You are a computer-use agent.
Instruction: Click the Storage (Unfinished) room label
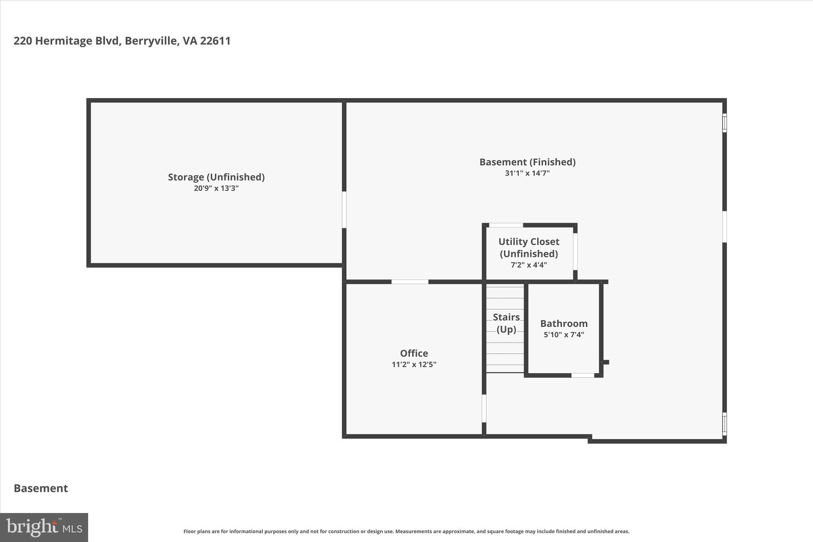[x=216, y=177]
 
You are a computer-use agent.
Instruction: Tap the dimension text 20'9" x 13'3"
[x=216, y=188]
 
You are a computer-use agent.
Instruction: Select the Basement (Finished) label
[x=527, y=162]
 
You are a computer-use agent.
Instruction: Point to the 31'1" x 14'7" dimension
[x=527, y=173]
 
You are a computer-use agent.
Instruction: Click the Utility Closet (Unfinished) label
[x=529, y=247]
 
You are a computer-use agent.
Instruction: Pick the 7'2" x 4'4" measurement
[x=529, y=265]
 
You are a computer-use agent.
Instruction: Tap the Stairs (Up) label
[x=506, y=323]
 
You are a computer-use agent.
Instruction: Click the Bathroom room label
[x=564, y=324]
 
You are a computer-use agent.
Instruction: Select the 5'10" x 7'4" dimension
[x=564, y=335]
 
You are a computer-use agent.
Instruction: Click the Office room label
[x=414, y=353]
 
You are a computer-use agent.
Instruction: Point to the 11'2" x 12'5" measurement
[x=414, y=365]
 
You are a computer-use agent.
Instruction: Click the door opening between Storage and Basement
[x=344, y=210]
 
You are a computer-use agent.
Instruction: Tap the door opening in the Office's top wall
[x=410, y=282]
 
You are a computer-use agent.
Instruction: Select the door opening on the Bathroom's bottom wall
[x=582, y=375]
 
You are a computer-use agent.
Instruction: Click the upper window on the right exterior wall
[x=724, y=123]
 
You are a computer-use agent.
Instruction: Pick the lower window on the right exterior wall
[x=724, y=424]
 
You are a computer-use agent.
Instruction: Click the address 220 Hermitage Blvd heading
[x=122, y=41]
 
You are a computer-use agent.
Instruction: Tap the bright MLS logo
[x=44, y=527]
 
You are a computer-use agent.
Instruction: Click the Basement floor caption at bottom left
[x=41, y=488]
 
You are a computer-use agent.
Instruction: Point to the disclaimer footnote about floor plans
[x=406, y=531]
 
